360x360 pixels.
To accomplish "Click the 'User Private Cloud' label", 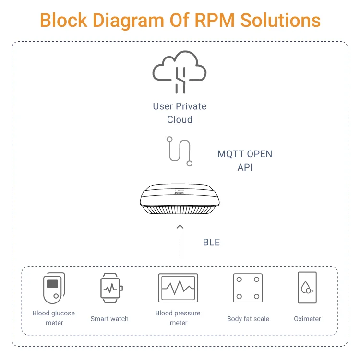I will click(180, 113).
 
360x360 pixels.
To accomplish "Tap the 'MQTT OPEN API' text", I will click(245, 161).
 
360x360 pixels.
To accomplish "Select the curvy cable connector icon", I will click(180, 151).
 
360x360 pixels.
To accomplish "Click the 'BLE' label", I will click(211, 243).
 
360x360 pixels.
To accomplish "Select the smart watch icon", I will click(110, 288).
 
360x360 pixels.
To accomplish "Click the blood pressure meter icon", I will click(178, 288).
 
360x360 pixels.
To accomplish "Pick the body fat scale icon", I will click(248, 288).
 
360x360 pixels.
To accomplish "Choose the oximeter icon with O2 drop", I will click(307, 288).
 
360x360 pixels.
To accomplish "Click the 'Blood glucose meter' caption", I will click(54, 318).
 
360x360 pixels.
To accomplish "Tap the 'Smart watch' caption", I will click(109, 319).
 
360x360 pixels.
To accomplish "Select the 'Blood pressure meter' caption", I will click(178, 318).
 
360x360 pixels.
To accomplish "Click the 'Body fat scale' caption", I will click(248, 319).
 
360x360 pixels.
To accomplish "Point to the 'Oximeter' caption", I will click(307, 319).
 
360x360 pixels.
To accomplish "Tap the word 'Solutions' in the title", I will click(280, 21).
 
